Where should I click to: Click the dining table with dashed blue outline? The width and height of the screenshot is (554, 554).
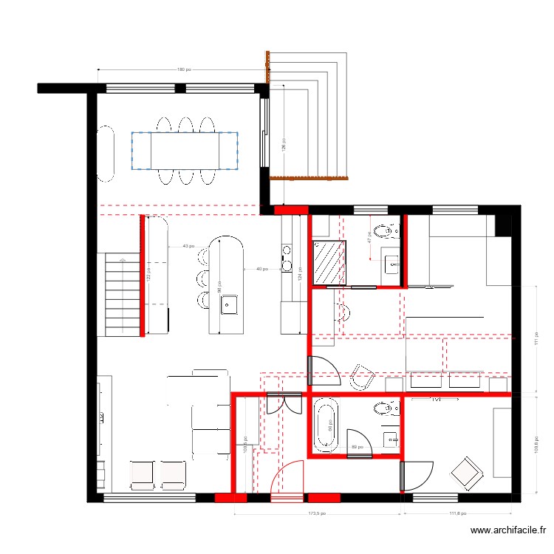185,151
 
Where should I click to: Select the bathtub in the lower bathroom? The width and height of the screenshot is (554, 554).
325,425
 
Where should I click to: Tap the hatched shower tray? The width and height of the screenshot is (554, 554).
330,262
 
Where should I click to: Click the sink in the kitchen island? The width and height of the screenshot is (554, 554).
229,304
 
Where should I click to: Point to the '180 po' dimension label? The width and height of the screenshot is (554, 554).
184,70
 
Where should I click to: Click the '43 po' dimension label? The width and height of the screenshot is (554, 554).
188,246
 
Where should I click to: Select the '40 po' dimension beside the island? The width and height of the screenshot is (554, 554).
262,269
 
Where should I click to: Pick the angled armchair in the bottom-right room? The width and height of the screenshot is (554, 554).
467,473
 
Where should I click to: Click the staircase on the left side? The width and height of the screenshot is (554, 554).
122,294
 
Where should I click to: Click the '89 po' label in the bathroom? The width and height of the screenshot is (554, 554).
358,447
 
